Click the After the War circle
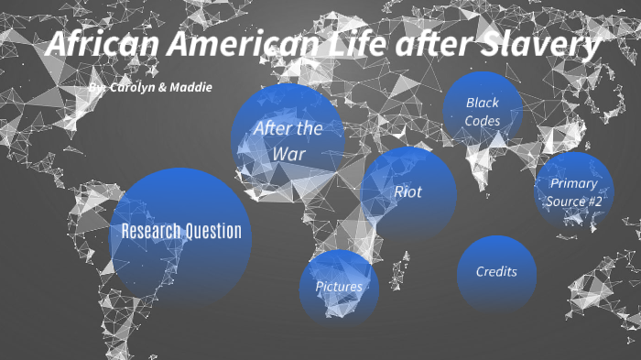pyautogui.click(x=288, y=139)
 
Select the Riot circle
pyautogui.click(x=408, y=192)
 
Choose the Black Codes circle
pyautogui.click(x=483, y=110)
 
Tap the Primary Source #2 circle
pyautogui.click(x=574, y=191)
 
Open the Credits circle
pyautogui.click(x=496, y=271)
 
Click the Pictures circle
pyautogui.click(x=339, y=287)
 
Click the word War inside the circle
pyautogui.click(x=288, y=153)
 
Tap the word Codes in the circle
pyautogui.click(x=483, y=120)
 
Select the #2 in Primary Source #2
pyautogui.click(x=595, y=201)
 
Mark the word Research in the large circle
pyautogui.click(x=151, y=231)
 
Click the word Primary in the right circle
pyautogui.click(x=574, y=183)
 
